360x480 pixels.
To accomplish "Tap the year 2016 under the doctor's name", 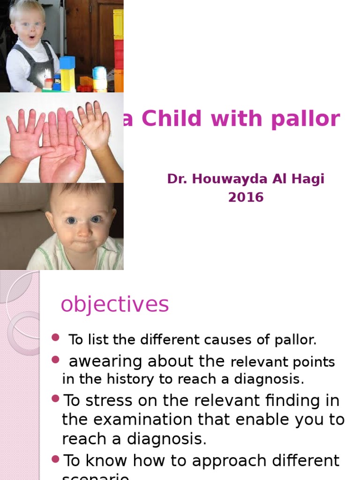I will (246, 197).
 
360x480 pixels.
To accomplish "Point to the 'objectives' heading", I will (114, 305).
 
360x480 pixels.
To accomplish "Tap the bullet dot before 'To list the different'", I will (56, 337).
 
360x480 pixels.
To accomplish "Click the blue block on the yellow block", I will (67, 62).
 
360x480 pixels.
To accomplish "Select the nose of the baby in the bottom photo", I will (83, 231).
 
